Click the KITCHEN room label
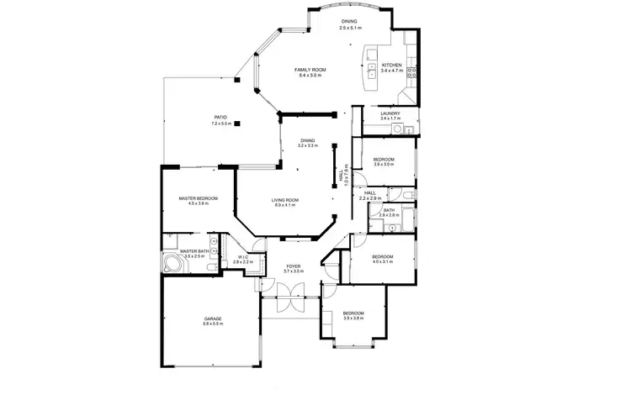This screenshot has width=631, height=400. (392, 66)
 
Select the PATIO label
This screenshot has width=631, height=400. (220, 118)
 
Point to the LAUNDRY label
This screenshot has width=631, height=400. (390, 113)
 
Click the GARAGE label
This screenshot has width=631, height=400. (212, 318)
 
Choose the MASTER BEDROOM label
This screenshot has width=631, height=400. (198, 198)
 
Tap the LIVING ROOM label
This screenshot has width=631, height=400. (285, 200)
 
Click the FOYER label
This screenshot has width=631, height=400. (292, 266)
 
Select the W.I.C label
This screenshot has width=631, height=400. (242, 257)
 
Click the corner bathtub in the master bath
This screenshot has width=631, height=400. (172, 263)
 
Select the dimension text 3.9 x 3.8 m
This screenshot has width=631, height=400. (353, 318)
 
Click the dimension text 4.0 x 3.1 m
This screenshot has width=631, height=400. (383, 262)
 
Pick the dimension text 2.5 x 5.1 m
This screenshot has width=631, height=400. (350, 28)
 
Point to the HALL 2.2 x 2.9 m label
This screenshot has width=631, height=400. (370, 195)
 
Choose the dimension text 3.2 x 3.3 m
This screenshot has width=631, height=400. (308, 146)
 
